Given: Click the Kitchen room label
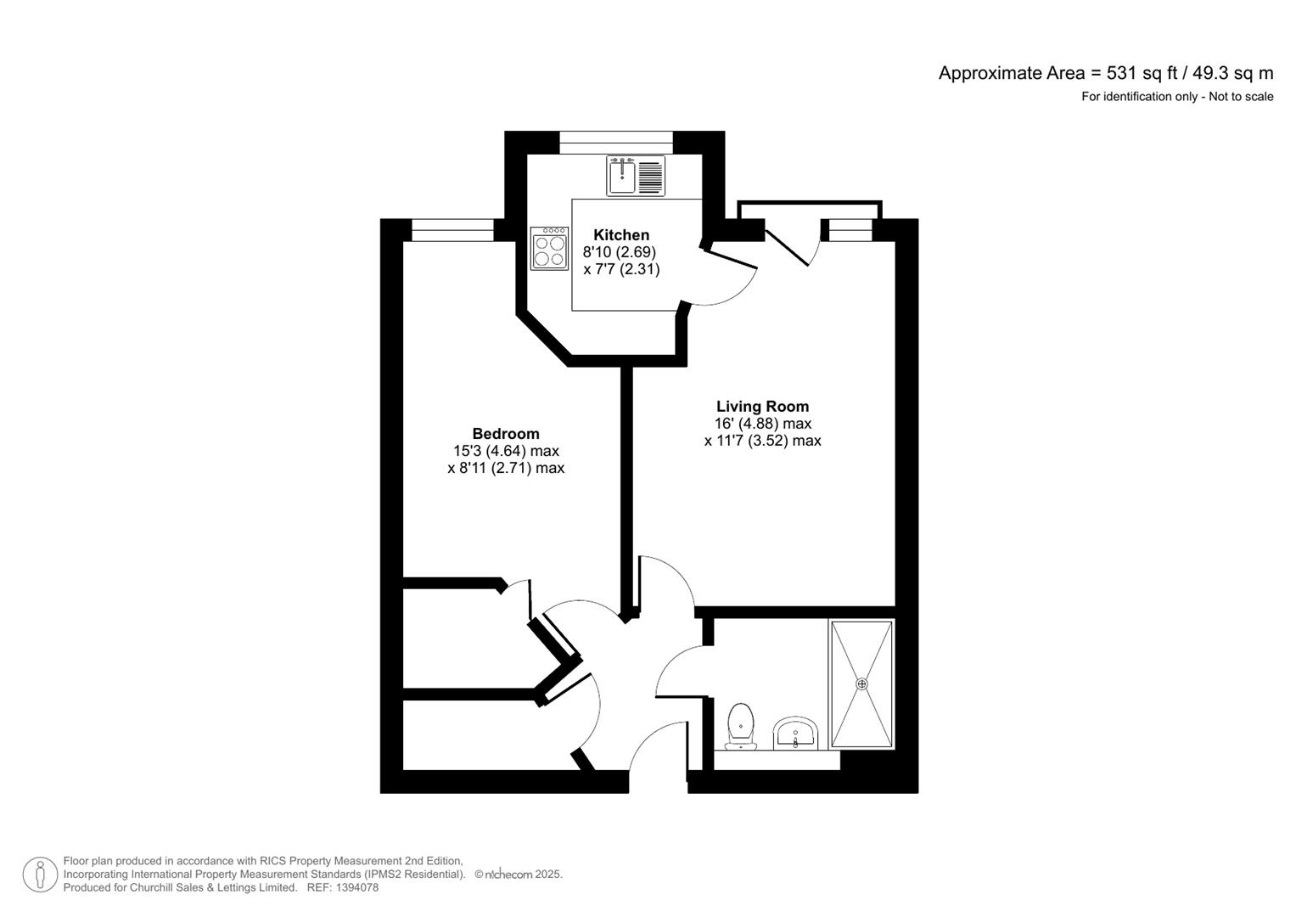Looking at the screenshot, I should tap(620, 235).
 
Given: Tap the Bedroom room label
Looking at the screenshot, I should tap(506, 434).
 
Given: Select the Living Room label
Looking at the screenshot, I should tap(762, 407).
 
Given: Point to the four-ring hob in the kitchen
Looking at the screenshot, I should tap(549, 248).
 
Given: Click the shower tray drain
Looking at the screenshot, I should tap(862, 684).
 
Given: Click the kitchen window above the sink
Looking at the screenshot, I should tap(616, 143).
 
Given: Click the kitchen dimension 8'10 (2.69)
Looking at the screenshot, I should tap(619, 252).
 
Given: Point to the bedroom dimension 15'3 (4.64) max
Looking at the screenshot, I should tap(506, 451).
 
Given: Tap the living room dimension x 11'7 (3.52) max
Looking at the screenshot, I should tap(762, 441).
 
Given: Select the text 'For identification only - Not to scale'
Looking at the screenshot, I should tap(1176, 97).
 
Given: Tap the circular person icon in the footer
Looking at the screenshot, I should tap(40, 875).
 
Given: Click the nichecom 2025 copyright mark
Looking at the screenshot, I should tap(519, 874).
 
